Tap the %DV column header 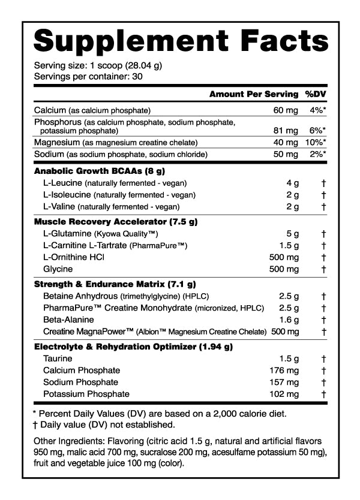click(x=315, y=94)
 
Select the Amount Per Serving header click(x=253, y=94)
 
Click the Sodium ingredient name click(x=49, y=154)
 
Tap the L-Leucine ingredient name click(x=63, y=182)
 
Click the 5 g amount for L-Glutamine click(x=292, y=234)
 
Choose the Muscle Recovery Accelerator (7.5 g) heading click(x=115, y=222)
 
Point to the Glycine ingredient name click(x=57, y=269)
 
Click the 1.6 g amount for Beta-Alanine click(x=289, y=320)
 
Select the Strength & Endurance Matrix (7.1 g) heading click(x=115, y=284)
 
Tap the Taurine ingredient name click(x=57, y=359)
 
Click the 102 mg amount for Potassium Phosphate click(x=284, y=394)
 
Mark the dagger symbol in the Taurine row click(x=323, y=359)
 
